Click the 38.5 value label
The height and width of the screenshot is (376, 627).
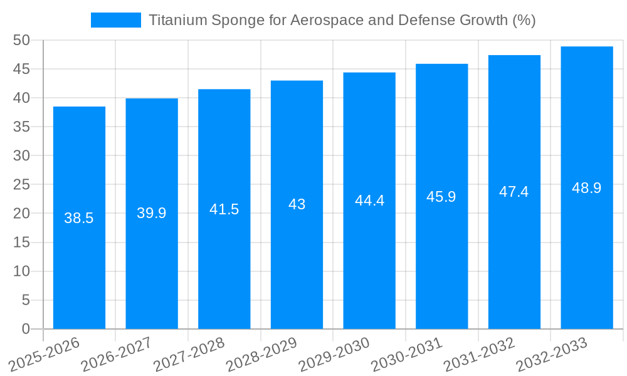[79, 218]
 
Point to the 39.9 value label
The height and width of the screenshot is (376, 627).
[152, 213]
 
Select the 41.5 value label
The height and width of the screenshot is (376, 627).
[224, 209]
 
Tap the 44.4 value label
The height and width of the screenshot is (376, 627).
[369, 201]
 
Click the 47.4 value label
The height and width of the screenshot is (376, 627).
[514, 192]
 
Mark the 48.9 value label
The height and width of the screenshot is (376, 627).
[587, 188]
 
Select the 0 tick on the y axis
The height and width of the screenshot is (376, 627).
[26, 329]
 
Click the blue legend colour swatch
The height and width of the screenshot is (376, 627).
[116, 20]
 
